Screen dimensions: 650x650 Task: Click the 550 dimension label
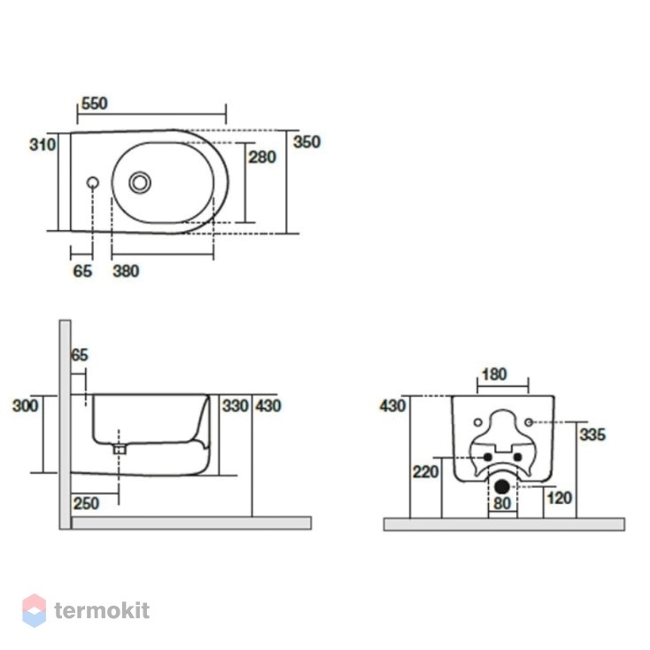tap(95, 104)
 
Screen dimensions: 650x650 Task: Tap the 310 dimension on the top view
tap(43, 144)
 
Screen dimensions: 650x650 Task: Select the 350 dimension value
tap(306, 142)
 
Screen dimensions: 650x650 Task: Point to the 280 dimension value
tap(262, 157)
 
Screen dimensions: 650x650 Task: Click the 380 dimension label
tap(126, 271)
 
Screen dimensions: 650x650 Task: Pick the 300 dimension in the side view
tap(26, 406)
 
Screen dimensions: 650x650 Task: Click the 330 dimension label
tap(235, 406)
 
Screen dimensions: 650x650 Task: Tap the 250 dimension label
tap(86, 503)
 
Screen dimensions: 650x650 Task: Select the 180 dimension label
tap(494, 375)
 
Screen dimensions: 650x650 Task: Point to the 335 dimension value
tap(592, 435)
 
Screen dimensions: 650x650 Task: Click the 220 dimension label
tap(425, 472)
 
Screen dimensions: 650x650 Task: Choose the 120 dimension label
tap(559, 498)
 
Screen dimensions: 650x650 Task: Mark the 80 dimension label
tap(502, 503)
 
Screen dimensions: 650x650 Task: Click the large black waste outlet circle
tap(502, 487)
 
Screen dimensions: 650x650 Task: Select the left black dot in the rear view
tap(487, 457)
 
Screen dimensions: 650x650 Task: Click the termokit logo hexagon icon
tap(34, 611)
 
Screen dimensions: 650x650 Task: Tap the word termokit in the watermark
tap(102, 611)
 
